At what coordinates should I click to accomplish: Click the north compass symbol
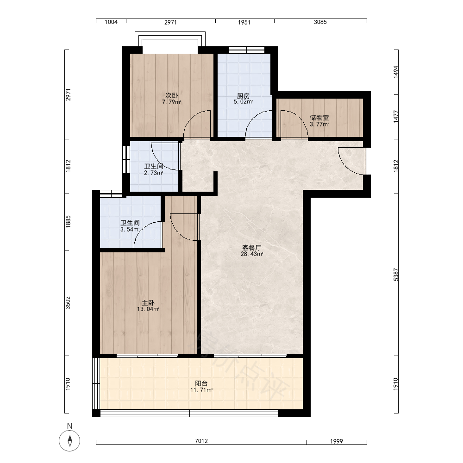point(70,440)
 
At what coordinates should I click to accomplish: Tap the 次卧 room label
point(172,96)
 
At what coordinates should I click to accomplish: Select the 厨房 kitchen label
point(244,96)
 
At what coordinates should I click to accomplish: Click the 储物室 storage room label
point(319,118)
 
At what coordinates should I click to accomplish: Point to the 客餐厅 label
point(252,247)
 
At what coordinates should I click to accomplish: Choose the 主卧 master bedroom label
point(148,303)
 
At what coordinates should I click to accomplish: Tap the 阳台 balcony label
point(201,383)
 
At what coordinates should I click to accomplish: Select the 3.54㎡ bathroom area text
point(130,230)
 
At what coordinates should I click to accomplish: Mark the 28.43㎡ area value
point(252,254)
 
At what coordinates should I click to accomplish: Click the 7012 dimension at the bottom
point(201,441)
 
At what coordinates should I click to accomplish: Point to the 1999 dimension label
point(336,441)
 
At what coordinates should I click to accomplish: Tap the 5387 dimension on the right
point(396,275)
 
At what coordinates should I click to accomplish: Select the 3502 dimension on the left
point(68,303)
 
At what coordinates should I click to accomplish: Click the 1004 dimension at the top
point(111,22)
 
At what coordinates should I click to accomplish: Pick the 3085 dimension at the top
point(320,22)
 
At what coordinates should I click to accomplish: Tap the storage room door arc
point(300,118)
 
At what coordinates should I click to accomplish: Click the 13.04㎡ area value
point(148,309)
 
